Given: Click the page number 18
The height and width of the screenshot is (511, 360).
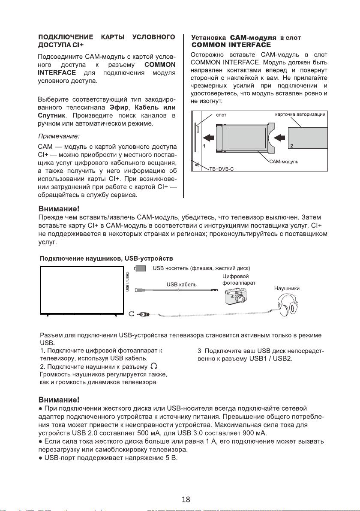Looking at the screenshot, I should (186, 499).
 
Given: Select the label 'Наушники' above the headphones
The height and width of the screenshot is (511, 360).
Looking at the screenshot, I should (287, 289).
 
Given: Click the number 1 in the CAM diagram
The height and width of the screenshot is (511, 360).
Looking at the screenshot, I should (204, 146).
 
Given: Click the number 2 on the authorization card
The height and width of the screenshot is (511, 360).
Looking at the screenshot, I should (291, 146).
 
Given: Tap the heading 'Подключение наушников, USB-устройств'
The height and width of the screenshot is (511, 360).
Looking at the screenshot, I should (106, 259).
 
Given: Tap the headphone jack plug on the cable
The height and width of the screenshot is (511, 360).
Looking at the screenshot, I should (143, 315).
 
